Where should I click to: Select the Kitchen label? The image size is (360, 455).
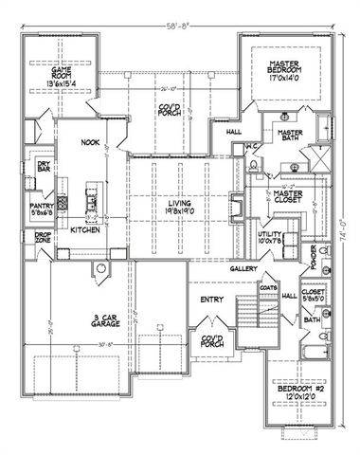click(85, 230)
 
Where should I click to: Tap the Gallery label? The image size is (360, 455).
click(241, 268)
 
